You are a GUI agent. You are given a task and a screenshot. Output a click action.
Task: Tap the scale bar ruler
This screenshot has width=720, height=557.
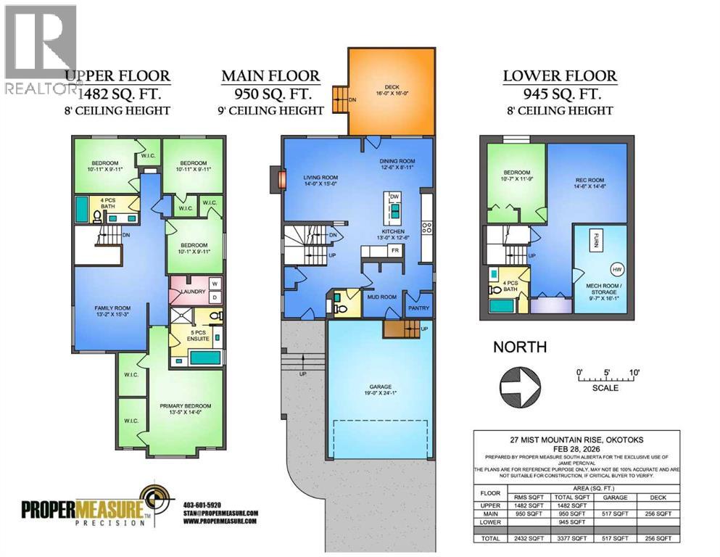tap(605, 378)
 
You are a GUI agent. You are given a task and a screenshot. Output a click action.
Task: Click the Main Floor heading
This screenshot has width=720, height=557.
tap(270, 75)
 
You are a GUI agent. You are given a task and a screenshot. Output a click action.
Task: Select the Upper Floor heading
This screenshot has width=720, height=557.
tap(117, 75)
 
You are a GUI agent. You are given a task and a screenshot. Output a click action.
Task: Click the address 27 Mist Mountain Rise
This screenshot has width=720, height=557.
tap(576, 440)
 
